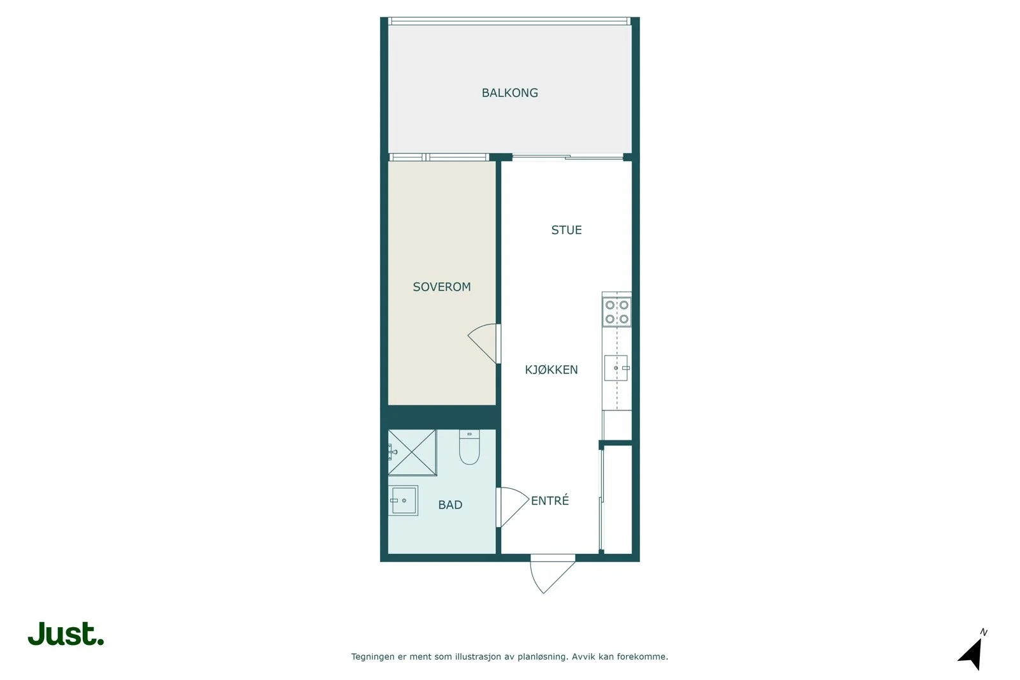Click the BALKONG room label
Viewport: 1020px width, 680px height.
click(509, 93)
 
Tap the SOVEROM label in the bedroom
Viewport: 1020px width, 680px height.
click(442, 287)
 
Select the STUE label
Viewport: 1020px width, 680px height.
click(567, 230)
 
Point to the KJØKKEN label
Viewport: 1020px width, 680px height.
click(551, 369)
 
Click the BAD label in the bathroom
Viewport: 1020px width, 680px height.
click(450, 504)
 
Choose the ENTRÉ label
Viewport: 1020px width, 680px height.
click(550, 500)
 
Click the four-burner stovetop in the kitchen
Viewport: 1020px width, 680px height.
click(616, 312)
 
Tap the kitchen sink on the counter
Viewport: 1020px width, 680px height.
click(616, 368)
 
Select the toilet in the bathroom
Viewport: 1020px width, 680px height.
click(469, 447)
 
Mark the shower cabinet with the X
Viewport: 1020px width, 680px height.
click(412, 452)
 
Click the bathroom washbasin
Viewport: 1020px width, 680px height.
click(404, 501)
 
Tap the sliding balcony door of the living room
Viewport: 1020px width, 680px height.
click(567, 157)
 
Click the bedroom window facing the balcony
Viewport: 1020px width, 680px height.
click(439, 157)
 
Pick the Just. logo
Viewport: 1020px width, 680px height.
click(66, 633)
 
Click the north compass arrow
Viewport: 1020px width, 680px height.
click(972, 655)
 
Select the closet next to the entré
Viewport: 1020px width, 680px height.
click(618, 499)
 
